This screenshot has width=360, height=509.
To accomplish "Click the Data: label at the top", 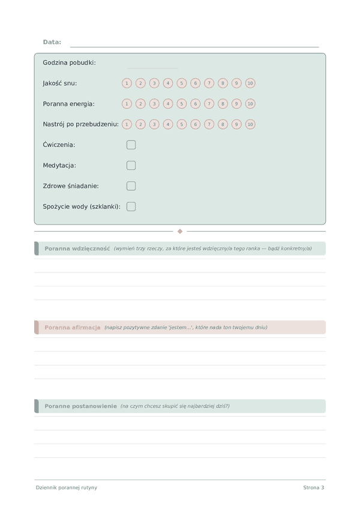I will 52,42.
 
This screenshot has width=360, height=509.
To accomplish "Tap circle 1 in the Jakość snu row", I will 127,83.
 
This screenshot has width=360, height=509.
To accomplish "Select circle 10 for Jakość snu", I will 250,83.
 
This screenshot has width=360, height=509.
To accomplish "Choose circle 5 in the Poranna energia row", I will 182,104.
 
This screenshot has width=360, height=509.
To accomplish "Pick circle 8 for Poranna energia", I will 223,104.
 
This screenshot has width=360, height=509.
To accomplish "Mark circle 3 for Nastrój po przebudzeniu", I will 154,124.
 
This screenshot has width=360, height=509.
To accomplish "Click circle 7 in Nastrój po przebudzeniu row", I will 209,124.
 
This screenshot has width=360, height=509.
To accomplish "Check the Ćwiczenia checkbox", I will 131,145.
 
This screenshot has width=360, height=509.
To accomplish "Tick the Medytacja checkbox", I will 131,165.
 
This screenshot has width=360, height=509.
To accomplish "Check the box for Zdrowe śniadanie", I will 131,186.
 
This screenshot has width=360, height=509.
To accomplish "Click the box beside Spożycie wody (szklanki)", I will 131,206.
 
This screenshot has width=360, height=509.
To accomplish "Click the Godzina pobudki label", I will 69,63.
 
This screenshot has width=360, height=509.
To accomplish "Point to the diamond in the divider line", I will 180,231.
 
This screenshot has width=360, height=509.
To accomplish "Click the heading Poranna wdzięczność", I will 77,248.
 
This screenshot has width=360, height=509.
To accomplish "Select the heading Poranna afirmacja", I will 72,327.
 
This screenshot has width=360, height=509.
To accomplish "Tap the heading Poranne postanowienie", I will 80,406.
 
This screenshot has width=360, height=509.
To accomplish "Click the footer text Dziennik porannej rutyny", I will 66,487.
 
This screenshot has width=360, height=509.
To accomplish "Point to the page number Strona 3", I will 313,487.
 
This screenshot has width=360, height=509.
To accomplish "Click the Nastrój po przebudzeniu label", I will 80,124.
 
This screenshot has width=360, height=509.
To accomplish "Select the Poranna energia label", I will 68,104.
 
